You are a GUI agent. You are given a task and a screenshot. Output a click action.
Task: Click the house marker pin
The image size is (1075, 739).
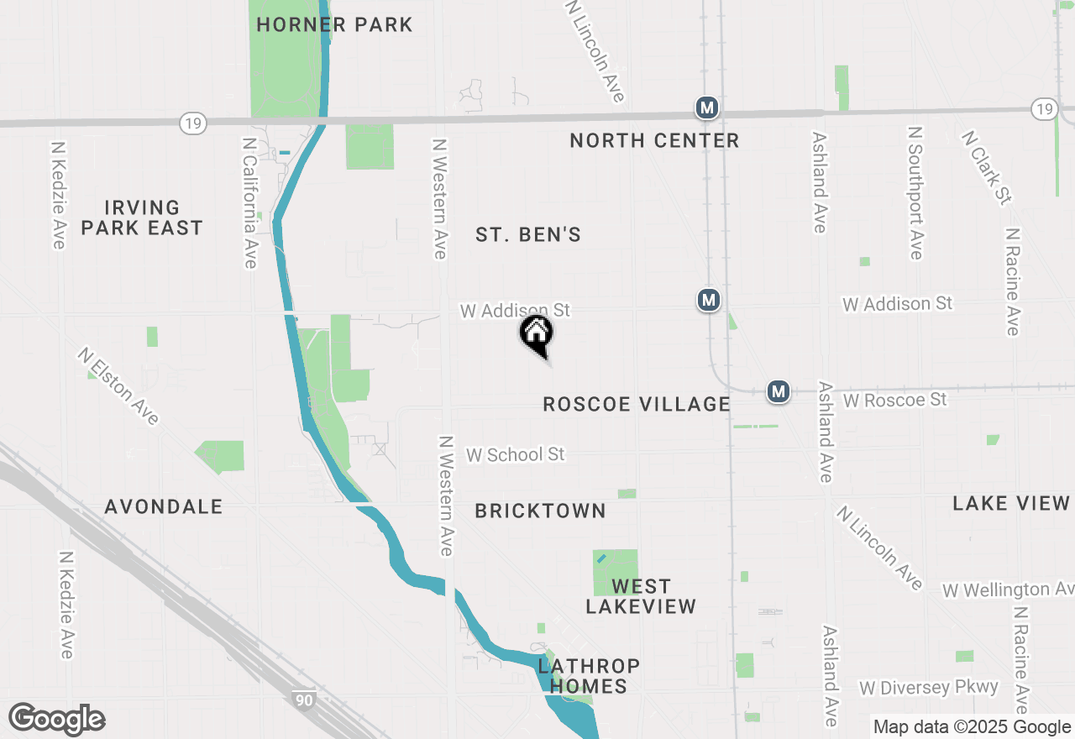pyautogui.click(x=537, y=333)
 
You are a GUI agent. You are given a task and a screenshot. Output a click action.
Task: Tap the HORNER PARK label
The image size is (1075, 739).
pyautogui.click(x=334, y=24)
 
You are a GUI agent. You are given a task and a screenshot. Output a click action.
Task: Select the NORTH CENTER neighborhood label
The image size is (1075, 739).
pyautogui.click(x=654, y=140)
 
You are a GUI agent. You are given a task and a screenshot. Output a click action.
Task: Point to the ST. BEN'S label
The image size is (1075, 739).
pyautogui.click(x=528, y=234)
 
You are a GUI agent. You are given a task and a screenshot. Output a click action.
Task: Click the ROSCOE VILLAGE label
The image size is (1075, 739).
pyautogui.click(x=637, y=404)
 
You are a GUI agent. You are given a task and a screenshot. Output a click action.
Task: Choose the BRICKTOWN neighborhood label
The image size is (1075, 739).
pyautogui.click(x=540, y=511)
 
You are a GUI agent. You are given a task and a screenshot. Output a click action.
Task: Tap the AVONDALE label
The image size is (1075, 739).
pyautogui.click(x=164, y=506)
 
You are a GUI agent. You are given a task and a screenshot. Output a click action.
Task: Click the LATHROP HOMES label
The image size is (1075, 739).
pyautogui.click(x=589, y=676)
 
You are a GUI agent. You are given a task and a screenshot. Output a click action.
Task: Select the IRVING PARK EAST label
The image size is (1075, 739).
pyautogui.click(x=142, y=218)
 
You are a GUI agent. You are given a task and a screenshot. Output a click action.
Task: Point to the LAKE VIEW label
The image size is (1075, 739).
pyautogui.click(x=1011, y=503)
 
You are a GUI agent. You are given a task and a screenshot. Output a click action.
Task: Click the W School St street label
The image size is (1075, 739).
pyautogui.click(x=516, y=454)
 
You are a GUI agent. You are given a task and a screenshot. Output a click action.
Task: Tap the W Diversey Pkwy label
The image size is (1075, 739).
pyautogui.click(x=929, y=687)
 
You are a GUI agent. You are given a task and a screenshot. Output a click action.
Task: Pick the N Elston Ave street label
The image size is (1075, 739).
pyautogui.click(x=118, y=386)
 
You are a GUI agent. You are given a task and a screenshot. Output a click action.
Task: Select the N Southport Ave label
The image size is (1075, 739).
pyautogui.click(x=915, y=193)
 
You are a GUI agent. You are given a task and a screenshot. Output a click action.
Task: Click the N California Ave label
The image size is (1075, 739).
pyautogui.click(x=249, y=203)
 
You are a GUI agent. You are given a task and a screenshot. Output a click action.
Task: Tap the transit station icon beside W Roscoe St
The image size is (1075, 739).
pyautogui.click(x=779, y=391)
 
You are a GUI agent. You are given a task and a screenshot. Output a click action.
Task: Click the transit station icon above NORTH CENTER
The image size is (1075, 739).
pyautogui.click(x=708, y=107)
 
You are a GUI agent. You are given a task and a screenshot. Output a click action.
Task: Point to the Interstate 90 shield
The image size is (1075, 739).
pyautogui.click(x=305, y=699)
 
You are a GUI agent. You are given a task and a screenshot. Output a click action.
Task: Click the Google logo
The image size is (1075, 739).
pyautogui.click(x=56, y=719)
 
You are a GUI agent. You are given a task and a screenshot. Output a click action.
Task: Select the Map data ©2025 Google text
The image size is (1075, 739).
pyautogui.click(x=971, y=727)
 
